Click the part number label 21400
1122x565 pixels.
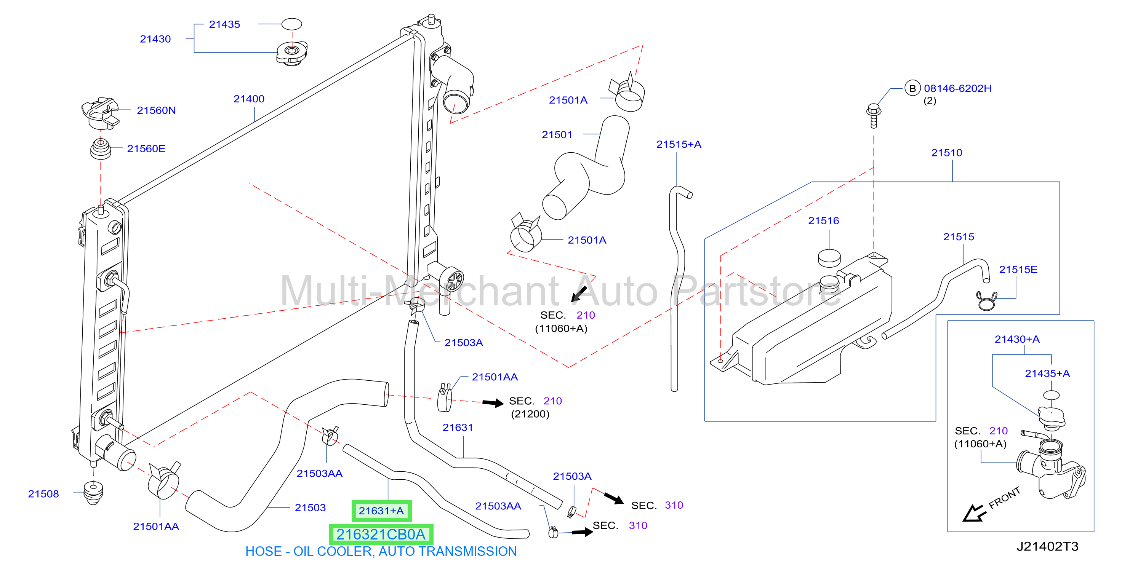point(249,99)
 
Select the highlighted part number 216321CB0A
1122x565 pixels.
point(381,534)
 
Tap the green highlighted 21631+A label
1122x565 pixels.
point(381,511)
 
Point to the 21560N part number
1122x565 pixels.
point(156,110)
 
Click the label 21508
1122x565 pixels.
point(43,493)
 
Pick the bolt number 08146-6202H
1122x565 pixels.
point(957,88)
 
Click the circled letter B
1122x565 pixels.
point(912,88)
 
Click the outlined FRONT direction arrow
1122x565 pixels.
point(974,513)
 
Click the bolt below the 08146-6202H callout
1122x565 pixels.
point(873,115)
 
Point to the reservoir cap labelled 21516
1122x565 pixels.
point(829,258)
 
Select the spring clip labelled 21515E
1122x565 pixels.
point(986,301)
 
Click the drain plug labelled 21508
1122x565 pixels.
point(93,493)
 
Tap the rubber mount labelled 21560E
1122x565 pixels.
point(101,149)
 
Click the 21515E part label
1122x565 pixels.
point(1018,270)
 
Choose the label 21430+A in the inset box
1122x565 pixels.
point(1016,339)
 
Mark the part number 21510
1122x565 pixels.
point(946,153)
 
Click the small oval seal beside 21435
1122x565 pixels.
point(291,24)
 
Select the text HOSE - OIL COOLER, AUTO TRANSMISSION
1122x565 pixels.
point(381,552)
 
